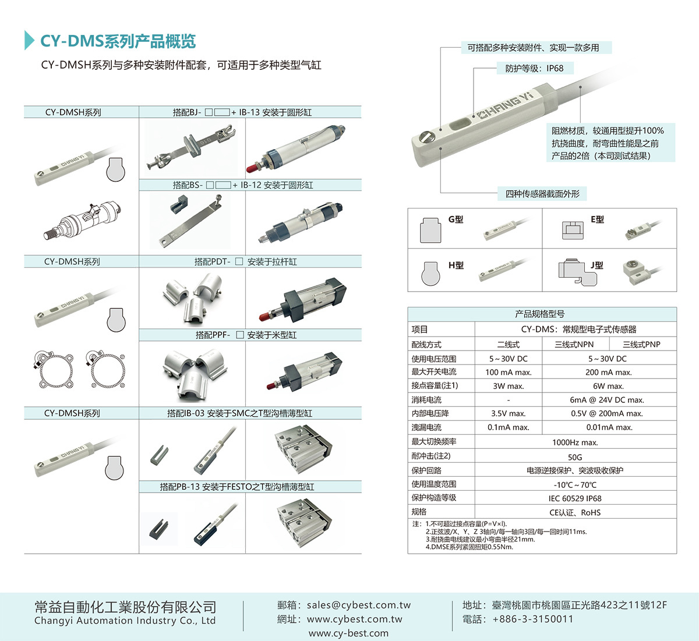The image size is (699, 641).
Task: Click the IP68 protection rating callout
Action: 534,68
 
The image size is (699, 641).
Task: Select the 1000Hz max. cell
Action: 575,442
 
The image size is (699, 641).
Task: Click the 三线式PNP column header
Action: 641,344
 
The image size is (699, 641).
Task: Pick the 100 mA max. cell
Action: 509,372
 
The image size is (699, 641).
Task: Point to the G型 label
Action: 456,219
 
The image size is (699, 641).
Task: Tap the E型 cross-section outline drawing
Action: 573,230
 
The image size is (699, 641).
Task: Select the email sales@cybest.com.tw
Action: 359,605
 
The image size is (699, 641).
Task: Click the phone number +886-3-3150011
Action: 533,619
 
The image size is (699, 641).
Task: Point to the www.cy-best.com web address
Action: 348,633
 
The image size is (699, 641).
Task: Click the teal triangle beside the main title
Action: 29,40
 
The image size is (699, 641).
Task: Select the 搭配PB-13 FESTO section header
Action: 237,487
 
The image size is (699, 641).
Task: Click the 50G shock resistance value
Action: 575,457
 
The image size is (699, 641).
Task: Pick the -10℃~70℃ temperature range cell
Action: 575,484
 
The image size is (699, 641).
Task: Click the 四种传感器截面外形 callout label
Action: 542,194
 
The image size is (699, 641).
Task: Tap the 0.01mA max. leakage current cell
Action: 609,427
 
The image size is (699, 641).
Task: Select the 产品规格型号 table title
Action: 540,314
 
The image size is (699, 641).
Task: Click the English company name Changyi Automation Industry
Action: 125,621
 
